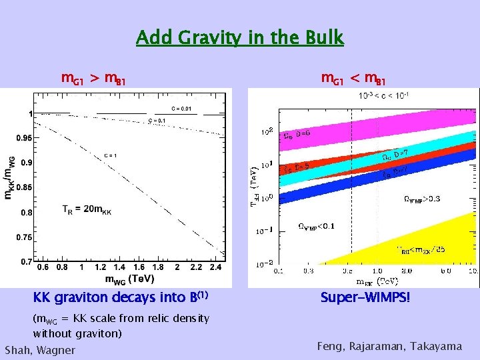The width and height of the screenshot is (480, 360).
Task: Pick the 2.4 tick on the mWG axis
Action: click(216, 267)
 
